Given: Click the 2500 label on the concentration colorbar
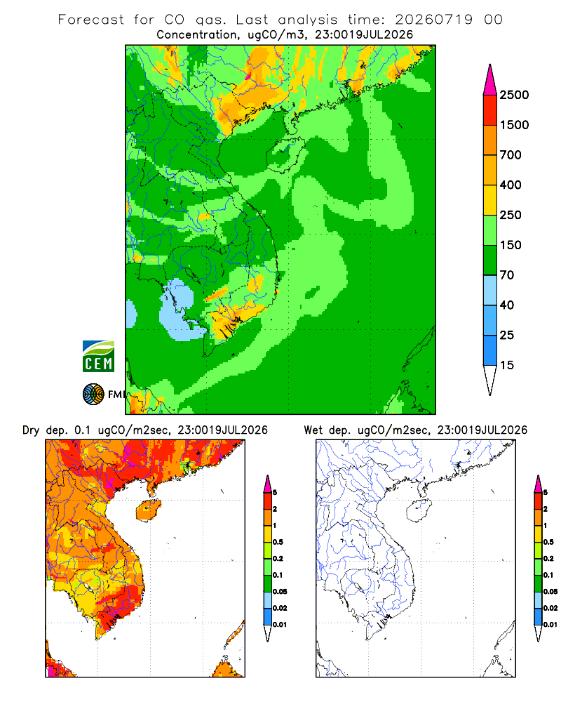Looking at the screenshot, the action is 514,95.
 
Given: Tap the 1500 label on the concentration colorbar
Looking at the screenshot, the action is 514,125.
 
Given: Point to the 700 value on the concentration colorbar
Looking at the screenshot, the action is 511,155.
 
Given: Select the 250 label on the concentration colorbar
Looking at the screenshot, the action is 511,215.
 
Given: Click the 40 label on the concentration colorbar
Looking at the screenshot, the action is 507,305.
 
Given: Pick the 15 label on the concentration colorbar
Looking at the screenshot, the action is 507,365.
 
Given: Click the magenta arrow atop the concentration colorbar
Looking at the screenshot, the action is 490,80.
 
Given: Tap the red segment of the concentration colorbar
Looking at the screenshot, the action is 490,110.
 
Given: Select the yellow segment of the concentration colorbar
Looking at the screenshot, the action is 490,200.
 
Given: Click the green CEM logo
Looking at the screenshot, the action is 98,357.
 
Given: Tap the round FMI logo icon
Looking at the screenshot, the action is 93,395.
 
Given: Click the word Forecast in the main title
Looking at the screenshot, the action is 91,20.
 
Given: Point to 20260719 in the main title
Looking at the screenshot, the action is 433,20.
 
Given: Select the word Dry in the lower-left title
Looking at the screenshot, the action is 31,430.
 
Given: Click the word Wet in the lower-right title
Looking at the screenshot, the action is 313,430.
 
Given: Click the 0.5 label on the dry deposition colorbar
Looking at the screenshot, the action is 278,542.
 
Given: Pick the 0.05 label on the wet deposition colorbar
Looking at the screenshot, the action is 550,592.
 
